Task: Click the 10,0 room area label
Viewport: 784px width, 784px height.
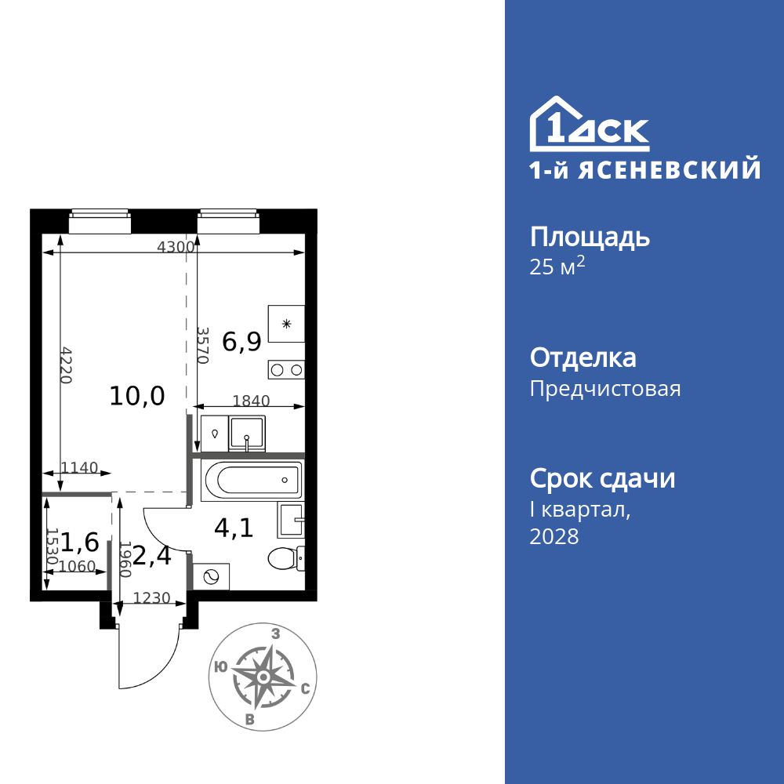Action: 137,396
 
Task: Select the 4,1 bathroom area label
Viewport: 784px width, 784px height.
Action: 234,528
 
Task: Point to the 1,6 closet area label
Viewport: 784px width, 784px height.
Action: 80,541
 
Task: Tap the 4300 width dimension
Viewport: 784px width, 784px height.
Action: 175,246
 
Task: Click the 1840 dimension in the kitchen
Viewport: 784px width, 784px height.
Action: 251,401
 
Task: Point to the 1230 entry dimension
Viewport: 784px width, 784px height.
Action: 151,598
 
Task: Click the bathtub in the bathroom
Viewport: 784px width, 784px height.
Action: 251,480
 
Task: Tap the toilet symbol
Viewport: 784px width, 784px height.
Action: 285,558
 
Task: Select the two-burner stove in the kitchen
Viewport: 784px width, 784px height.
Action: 286,370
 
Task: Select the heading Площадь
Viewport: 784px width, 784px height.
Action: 590,237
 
